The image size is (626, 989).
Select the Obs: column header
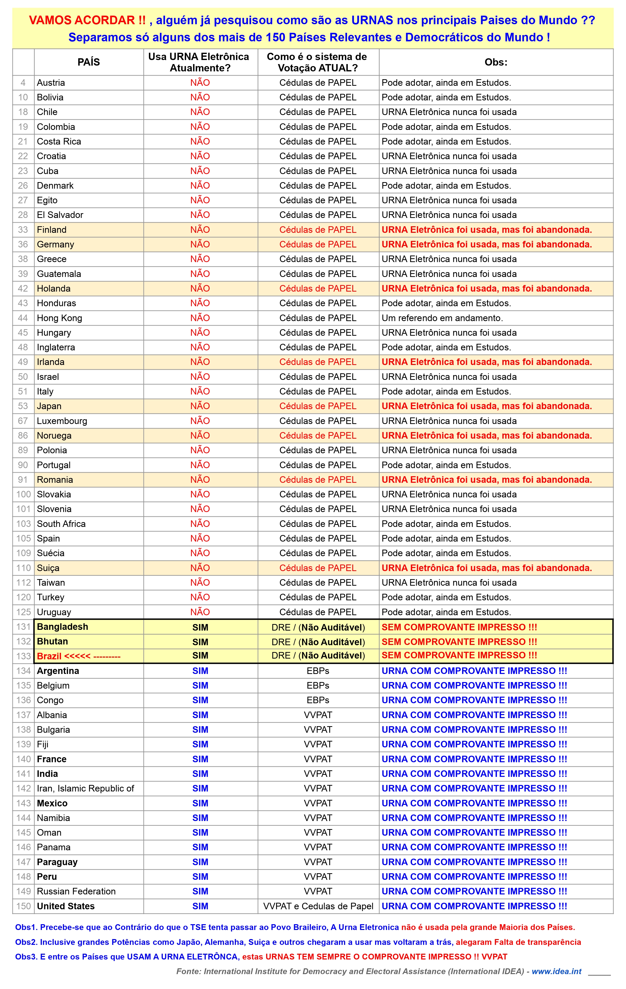point(496,62)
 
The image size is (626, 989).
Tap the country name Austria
point(51,82)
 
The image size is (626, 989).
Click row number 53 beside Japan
point(23,406)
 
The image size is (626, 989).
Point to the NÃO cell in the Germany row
point(200,244)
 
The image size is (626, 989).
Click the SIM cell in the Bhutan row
point(200,641)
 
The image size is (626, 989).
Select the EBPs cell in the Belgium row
point(318,686)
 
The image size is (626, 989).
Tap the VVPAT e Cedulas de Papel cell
point(318,906)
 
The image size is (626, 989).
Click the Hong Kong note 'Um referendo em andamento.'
point(442,318)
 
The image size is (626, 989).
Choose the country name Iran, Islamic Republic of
point(86,788)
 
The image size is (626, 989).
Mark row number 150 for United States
point(23,906)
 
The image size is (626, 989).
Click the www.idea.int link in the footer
point(557,971)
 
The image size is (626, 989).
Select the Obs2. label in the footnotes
point(26,942)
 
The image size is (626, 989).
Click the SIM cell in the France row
point(200,759)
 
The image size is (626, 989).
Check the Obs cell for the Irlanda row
point(487,362)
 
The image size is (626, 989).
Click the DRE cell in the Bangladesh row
point(318,627)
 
